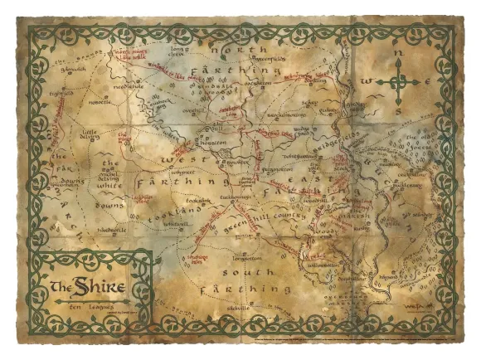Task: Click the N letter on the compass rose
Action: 399,51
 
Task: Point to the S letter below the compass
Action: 399,110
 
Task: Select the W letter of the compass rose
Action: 365,81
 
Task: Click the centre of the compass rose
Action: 399,81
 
